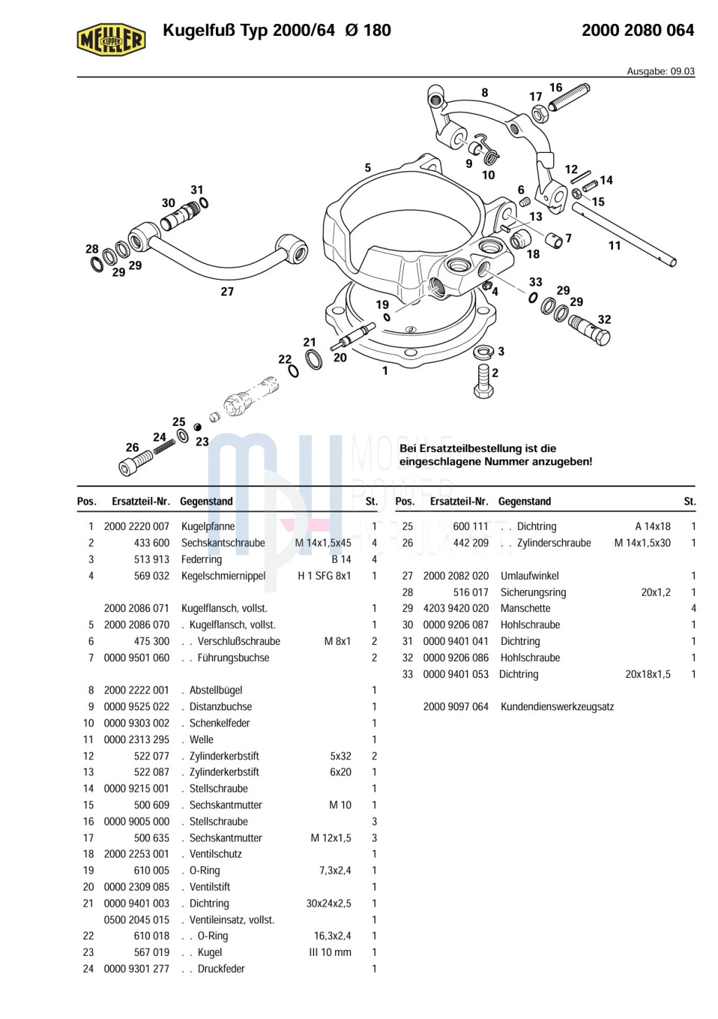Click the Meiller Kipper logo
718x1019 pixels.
pyautogui.click(x=111, y=39)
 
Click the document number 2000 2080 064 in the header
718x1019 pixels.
pyautogui.click(x=637, y=30)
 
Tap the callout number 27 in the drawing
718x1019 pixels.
pyautogui.click(x=227, y=291)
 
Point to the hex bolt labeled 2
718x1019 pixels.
pyautogui.click(x=483, y=380)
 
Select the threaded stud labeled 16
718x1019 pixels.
pyautogui.click(x=569, y=97)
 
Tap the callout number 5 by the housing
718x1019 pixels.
pyautogui.click(x=367, y=168)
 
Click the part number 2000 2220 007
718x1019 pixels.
pyautogui.click(x=137, y=526)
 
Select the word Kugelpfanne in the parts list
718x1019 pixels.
pyautogui.click(x=208, y=526)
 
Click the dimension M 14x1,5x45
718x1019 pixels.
pyautogui.click(x=323, y=543)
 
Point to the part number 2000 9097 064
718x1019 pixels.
pyautogui.click(x=456, y=707)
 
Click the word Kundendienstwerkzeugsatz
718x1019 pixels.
pyautogui.click(x=557, y=707)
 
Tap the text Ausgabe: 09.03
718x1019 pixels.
pyautogui.click(x=660, y=71)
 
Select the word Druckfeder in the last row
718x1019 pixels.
pyautogui.click(x=221, y=969)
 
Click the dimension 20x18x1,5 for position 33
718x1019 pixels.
pyautogui.click(x=647, y=674)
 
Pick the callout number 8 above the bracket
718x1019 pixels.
pyautogui.click(x=485, y=93)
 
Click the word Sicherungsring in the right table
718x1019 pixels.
pyautogui.click(x=533, y=592)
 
